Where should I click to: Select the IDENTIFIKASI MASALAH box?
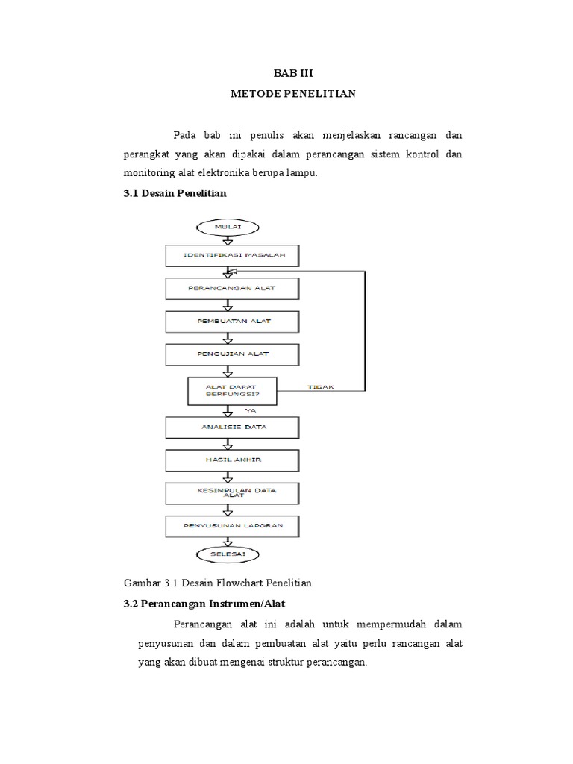231,256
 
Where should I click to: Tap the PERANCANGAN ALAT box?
231,287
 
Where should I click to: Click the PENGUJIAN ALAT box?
231,353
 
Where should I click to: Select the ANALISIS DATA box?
231,427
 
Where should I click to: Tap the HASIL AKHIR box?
231,460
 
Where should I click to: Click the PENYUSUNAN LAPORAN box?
231,526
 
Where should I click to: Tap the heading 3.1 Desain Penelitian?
174,192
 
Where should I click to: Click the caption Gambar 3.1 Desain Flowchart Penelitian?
216,582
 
